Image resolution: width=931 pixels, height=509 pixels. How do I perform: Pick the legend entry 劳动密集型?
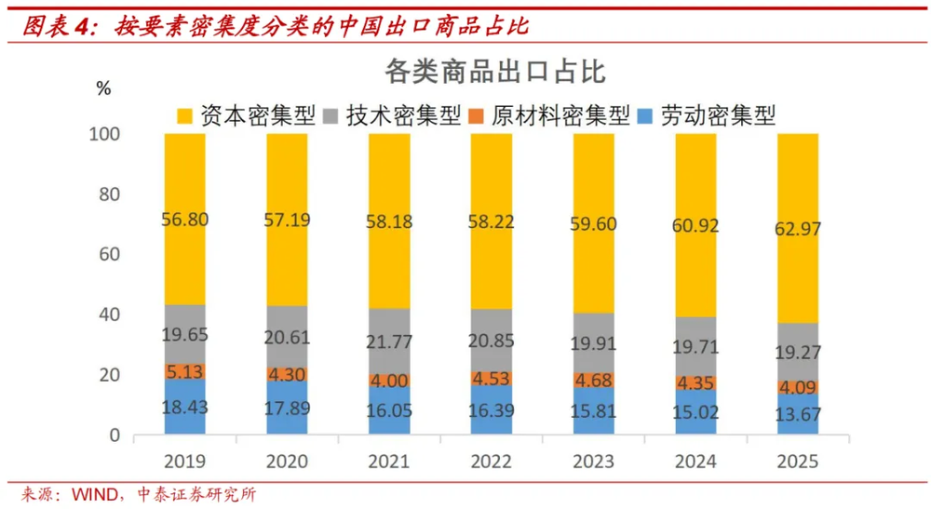click(x=706, y=115)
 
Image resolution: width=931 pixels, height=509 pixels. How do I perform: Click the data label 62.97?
click(x=798, y=228)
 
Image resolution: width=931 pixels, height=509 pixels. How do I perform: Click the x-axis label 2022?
click(x=491, y=461)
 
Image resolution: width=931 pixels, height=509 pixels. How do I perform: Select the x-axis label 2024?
click(x=695, y=461)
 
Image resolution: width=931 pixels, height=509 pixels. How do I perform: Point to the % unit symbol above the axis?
click(x=103, y=88)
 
